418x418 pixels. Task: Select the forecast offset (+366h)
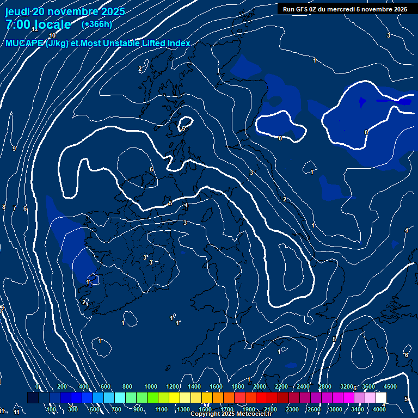click(x=96, y=24)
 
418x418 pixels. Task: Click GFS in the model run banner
click(x=305, y=9)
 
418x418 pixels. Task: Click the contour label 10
click(x=52, y=35)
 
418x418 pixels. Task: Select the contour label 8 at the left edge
click(x=4, y=207)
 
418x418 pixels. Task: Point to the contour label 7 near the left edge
click(x=14, y=208)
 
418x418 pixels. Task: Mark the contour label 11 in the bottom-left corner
click(x=17, y=413)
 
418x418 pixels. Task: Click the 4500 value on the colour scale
click(x=390, y=386)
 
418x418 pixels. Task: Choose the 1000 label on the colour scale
click(x=151, y=386)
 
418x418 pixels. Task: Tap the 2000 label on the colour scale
click(x=260, y=386)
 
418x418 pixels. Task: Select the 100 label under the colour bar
click(x=51, y=409)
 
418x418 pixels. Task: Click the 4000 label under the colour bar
click(x=380, y=409)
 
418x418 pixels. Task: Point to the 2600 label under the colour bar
click(x=314, y=409)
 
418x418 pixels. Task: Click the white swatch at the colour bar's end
click(x=381, y=398)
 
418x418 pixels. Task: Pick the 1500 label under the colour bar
click(x=205, y=409)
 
